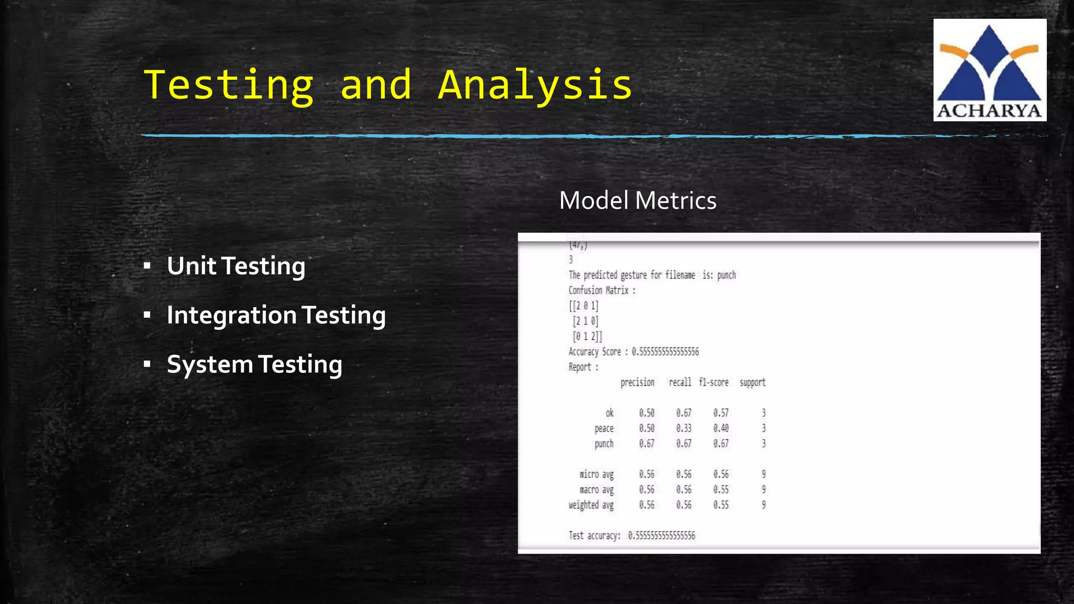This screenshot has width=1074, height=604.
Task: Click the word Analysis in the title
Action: coord(535,85)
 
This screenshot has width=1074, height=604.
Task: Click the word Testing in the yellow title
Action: coord(229,85)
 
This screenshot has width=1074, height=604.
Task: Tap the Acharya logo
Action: coord(990,70)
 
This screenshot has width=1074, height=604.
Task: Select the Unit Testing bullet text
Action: coord(236,266)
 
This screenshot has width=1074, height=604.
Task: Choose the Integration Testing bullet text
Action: coord(276,315)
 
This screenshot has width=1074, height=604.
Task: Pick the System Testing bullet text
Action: coord(254,364)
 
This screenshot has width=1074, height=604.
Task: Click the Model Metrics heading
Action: coord(638,200)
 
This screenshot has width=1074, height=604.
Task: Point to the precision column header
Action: coord(637,382)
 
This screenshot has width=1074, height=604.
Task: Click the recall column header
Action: coord(680,382)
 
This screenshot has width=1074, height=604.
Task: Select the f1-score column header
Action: coord(713,382)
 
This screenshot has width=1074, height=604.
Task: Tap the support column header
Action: coord(753,382)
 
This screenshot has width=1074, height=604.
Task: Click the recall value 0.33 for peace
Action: coord(683,428)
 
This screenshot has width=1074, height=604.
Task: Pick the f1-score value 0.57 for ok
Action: coord(721,413)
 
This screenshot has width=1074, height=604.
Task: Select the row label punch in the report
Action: coord(604,444)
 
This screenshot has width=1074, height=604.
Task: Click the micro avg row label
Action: coord(596,474)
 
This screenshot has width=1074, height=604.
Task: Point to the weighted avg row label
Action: coord(591,505)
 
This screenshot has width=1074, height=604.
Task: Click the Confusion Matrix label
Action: coord(602,290)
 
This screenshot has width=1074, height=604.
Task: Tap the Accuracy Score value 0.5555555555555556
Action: coord(665,352)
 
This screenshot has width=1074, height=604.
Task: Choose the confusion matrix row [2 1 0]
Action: coord(585,321)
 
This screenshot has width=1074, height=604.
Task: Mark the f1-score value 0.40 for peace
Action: coord(721,428)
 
